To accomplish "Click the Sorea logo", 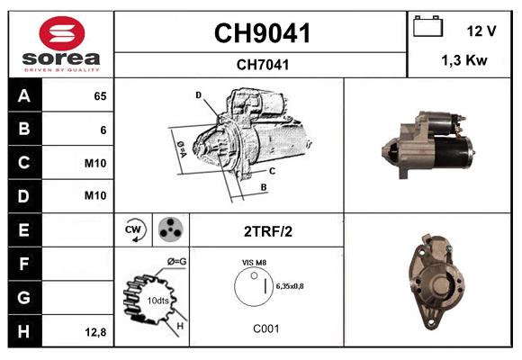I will click(60, 45).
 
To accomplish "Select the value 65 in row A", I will click(99, 96).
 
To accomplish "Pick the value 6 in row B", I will click(103, 130).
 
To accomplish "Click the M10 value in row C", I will click(95, 164).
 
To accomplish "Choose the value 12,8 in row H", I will click(95, 332).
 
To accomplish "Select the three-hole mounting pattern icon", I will click(169, 230).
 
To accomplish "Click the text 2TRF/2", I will click(267, 231).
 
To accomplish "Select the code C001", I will click(265, 328).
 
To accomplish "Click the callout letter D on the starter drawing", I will click(198, 94).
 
